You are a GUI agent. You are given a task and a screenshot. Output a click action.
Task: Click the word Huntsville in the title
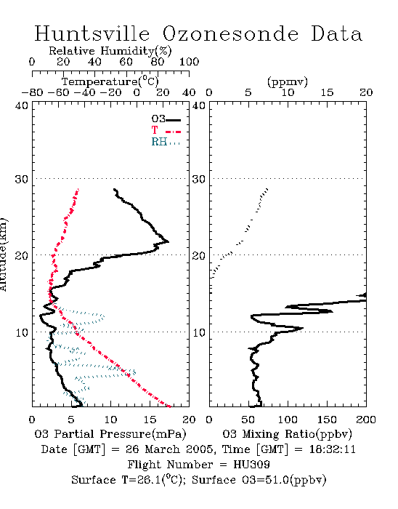click(92, 33)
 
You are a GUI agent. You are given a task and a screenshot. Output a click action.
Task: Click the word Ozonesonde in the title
click(230, 33)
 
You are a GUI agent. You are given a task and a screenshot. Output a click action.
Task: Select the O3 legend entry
click(166, 119)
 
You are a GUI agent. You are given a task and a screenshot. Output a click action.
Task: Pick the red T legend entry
click(166, 130)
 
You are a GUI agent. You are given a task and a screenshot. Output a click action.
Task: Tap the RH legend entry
click(166, 142)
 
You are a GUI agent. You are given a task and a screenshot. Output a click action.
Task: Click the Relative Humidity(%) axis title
click(110, 51)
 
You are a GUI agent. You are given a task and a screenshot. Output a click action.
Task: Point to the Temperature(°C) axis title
click(110, 81)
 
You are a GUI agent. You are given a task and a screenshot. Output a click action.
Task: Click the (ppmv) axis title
click(288, 81)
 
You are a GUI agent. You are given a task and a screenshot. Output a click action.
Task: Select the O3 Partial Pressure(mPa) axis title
click(110, 434)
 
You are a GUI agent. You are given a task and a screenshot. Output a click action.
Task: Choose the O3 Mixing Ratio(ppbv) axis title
click(287, 434)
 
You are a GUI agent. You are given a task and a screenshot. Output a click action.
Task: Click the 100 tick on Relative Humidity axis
click(189, 62)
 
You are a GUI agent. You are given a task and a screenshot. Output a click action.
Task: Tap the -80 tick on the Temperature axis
click(32, 93)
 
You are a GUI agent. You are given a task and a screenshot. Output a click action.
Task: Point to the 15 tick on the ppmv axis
click(327, 93)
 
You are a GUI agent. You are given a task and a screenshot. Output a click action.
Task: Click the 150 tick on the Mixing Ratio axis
click(327, 420)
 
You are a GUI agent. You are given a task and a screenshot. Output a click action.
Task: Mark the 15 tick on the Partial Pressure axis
click(150, 420)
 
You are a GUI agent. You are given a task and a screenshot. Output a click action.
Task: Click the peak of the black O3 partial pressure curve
click(168, 241)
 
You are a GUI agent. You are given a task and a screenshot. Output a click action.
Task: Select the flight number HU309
click(251, 465)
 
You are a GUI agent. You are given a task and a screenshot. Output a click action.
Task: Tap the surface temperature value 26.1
click(149, 480)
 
